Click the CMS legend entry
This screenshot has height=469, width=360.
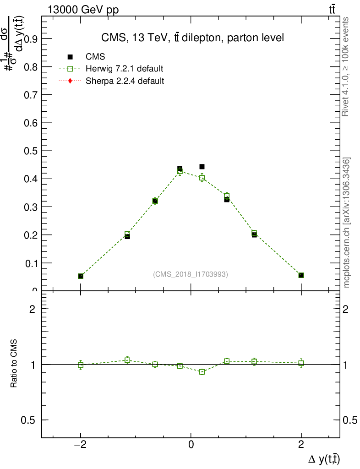pyautogui.click(x=95, y=57)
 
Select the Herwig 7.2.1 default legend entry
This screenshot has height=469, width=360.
pyautogui.click(x=124, y=69)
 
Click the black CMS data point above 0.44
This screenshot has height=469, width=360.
pyautogui.click(x=202, y=167)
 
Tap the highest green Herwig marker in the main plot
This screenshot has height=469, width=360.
pyautogui.click(x=180, y=171)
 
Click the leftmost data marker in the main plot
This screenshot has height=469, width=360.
pyautogui.click(x=81, y=276)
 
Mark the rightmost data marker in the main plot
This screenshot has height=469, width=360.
pyautogui.click(x=301, y=275)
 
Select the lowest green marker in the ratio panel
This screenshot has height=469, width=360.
pyautogui.click(x=202, y=372)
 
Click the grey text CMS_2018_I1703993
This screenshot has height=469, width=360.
pyautogui.click(x=191, y=274)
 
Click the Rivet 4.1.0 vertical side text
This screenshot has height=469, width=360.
pyautogui.click(x=346, y=67)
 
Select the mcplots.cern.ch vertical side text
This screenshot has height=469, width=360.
pyautogui.click(x=346, y=223)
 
